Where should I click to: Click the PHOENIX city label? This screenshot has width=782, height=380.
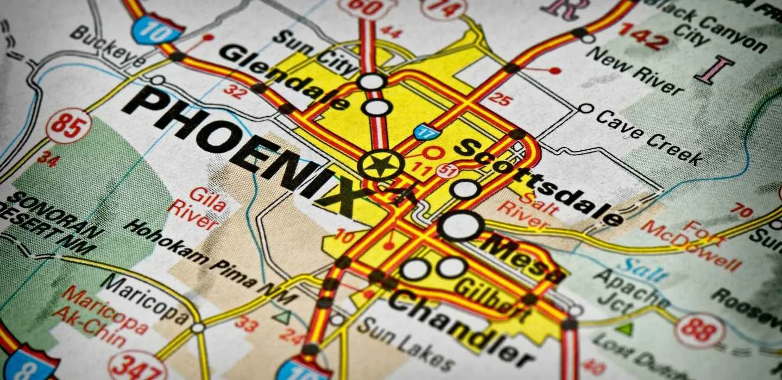click(244, 149)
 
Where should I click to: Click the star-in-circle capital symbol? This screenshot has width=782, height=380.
click(381, 164)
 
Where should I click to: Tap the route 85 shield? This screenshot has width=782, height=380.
click(68, 125)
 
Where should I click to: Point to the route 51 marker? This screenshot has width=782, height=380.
click(447, 171)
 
